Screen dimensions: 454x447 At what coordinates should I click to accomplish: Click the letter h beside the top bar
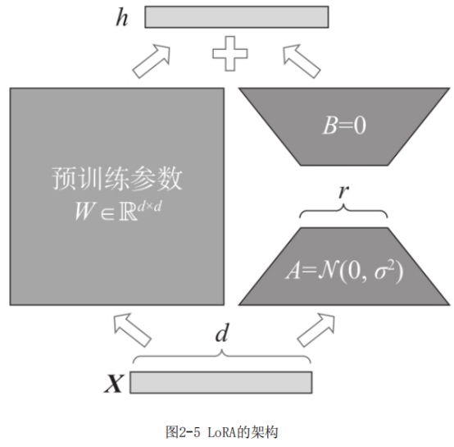(x=122, y=17)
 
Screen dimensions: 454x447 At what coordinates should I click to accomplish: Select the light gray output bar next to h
(x=237, y=17)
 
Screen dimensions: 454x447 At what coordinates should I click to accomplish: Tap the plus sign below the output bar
(x=230, y=53)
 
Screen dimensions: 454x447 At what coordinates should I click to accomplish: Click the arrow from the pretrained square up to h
(x=152, y=62)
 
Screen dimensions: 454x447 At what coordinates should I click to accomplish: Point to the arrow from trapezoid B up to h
(x=302, y=62)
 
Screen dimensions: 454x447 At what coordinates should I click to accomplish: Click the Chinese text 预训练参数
(x=117, y=179)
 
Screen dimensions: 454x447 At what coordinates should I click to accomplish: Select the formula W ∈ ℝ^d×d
(x=119, y=211)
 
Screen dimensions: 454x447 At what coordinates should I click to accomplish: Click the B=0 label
(x=344, y=125)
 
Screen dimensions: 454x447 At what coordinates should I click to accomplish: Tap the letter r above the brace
(x=343, y=191)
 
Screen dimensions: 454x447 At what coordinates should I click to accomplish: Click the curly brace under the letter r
(x=343, y=210)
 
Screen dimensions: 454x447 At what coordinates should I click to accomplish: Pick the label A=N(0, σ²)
(x=344, y=271)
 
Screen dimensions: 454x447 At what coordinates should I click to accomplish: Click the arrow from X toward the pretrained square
(x=132, y=330)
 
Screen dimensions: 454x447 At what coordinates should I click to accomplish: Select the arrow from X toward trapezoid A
(x=316, y=330)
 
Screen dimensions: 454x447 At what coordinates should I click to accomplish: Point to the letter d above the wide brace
(x=222, y=333)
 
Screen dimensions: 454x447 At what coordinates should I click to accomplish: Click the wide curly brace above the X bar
(x=222, y=355)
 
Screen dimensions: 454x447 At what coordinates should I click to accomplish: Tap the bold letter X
(x=114, y=383)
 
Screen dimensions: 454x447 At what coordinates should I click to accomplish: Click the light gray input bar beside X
(x=221, y=382)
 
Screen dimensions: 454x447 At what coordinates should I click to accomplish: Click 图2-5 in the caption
(x=183, y=432)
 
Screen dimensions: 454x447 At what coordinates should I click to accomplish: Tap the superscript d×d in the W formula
(x=149, y=207)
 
